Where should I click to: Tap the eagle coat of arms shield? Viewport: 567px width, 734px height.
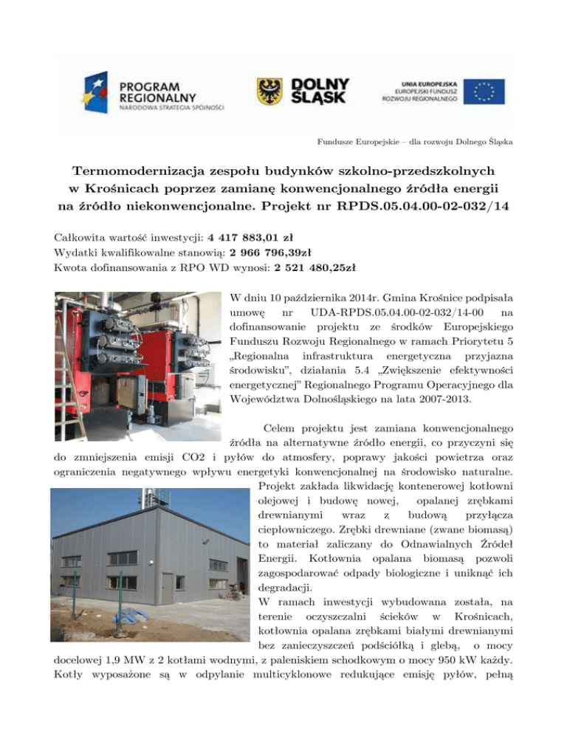click(x=269, y=92)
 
